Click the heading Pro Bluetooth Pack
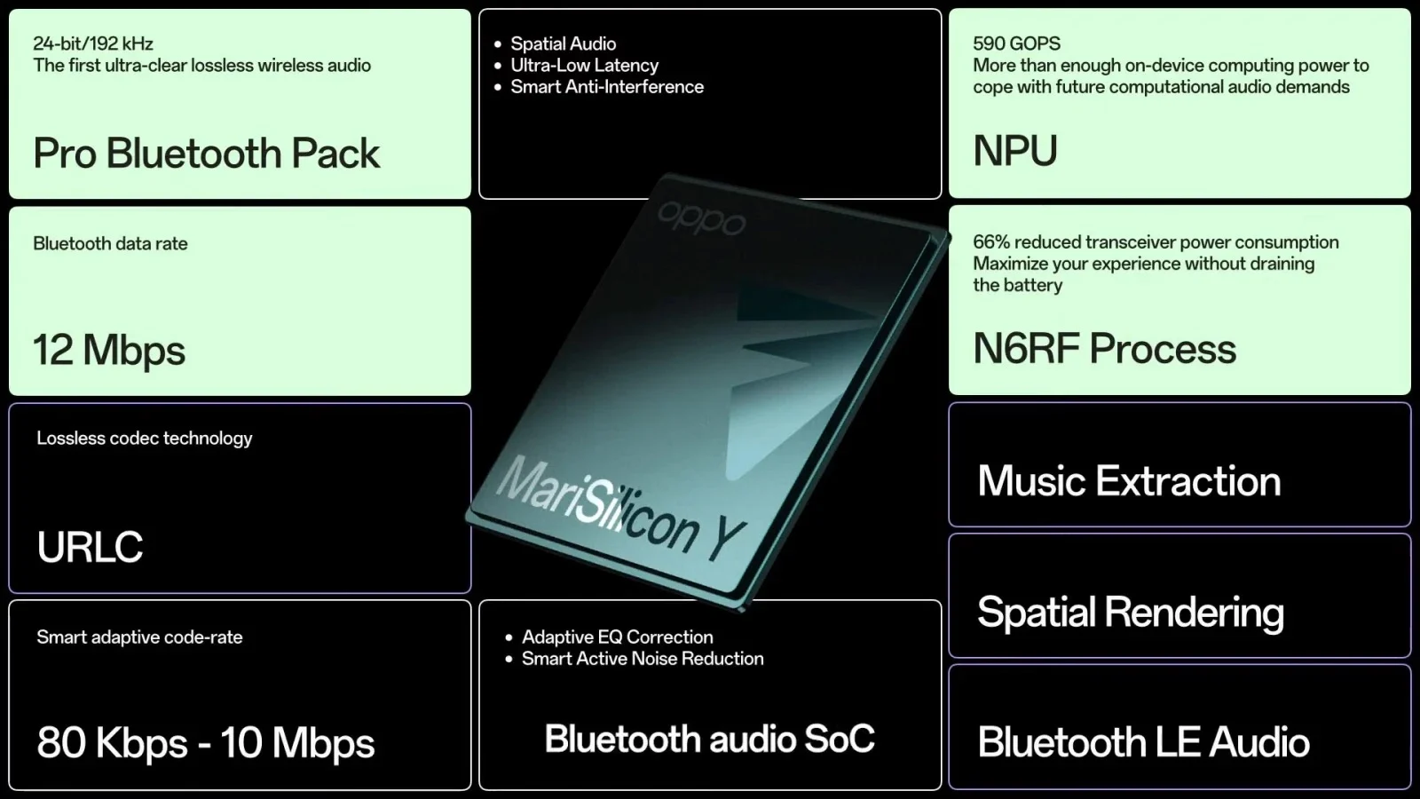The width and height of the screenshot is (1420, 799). click(207, 154)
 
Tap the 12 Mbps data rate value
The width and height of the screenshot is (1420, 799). click(109, 350)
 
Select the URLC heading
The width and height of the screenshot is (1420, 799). click(90, 547)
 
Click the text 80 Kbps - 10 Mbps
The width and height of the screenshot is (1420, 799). click(206, 742)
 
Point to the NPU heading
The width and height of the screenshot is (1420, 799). click(1015, 151)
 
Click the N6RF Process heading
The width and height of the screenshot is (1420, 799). click(1104, 348)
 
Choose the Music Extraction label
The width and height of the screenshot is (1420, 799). click(1129, 480)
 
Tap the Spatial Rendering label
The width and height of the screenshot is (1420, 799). click(1131, 613)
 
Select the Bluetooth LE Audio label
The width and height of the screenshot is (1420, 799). click(1144, 742)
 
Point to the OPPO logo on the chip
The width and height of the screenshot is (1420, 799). click(702, 218)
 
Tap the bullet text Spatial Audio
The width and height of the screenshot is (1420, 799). click(563, 44)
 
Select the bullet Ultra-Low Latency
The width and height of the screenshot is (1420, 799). click(585, 66)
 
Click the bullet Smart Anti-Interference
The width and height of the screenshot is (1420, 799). click(607, 87)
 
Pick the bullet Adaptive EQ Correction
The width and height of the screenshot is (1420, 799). click(618, 637)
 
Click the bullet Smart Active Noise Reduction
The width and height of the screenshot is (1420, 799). click(643, 659)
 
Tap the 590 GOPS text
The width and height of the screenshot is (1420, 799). click(1017, 44)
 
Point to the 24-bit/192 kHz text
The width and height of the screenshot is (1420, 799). click(93, 44)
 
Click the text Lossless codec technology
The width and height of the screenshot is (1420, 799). click(145, 439)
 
